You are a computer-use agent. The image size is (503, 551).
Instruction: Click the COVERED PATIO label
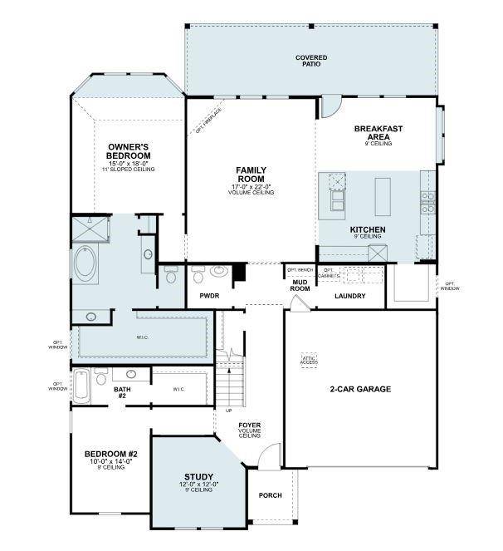point(310,61)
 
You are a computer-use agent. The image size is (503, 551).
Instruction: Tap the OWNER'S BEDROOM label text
point(129,152)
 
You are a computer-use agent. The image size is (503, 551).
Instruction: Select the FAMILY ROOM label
point(251,175)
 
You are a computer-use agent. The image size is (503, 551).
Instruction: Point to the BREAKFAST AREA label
point(378,133)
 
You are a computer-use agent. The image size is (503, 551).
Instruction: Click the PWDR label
point(208,295)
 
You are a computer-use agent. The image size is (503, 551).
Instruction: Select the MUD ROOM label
point(300,285)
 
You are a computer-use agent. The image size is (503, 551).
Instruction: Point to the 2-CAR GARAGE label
point(360,388)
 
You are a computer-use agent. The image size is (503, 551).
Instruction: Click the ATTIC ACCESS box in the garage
point(309,361)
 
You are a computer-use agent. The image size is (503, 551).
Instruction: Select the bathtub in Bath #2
point(81,386)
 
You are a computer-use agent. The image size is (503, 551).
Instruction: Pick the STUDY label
point(199,477)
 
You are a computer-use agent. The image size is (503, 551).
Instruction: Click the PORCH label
point(270,495)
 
